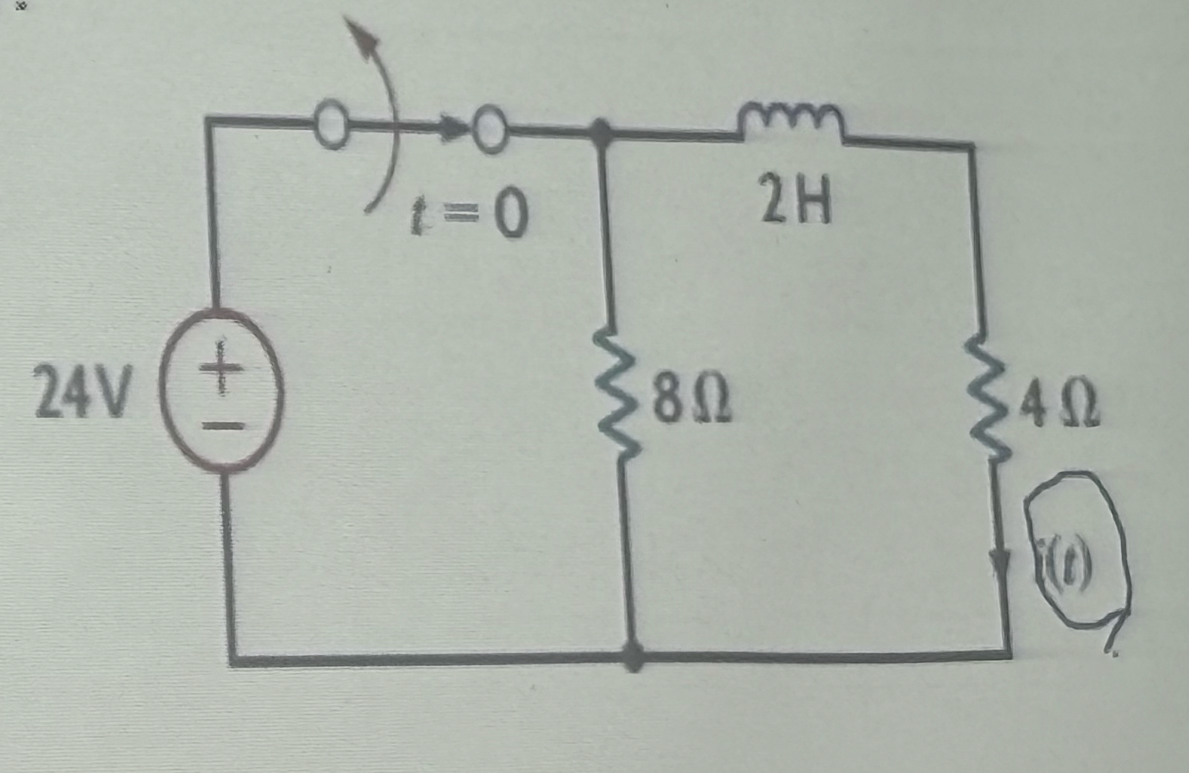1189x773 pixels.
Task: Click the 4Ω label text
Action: point(1060,409)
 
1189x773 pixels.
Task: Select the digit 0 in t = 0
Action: point(508,216)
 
